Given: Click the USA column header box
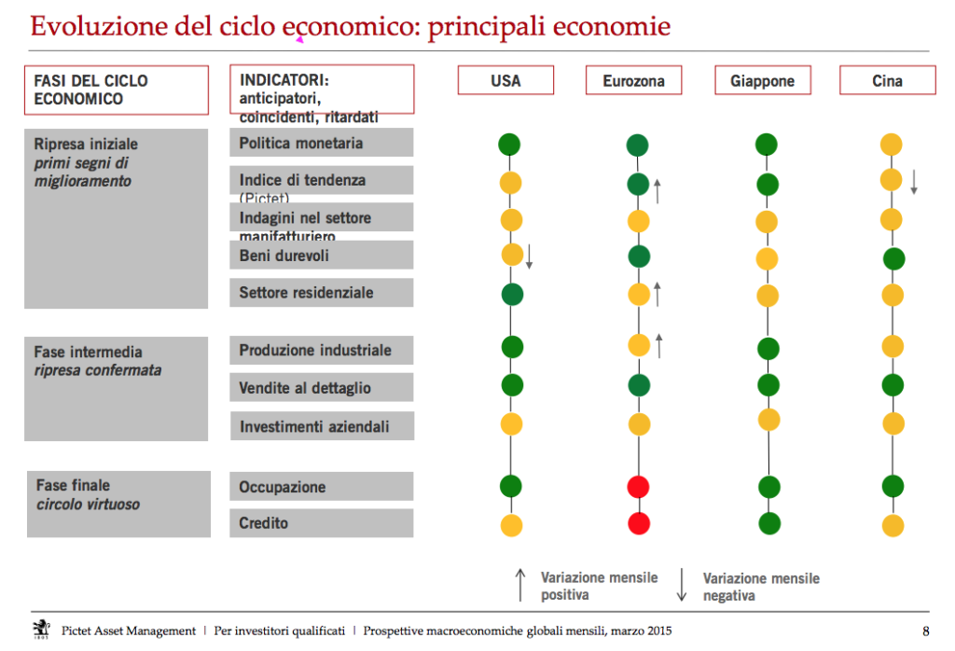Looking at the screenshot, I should [505, 80].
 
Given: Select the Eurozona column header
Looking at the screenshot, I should [633, 81].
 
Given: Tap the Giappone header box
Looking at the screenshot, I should [762, 81].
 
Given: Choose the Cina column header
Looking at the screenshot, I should [887, 81].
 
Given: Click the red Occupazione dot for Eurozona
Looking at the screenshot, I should [638, 487].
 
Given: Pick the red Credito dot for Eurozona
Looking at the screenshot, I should [638, 523].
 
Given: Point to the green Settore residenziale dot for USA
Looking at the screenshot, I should [511, 295].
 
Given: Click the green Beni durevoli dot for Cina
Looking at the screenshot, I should [893, 258].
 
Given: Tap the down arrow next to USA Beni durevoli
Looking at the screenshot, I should [529, 256].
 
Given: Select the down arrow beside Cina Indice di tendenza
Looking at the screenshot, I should [914, 181].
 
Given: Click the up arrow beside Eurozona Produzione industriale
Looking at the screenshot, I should [658, 345].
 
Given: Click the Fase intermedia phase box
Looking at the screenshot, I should [117, 388].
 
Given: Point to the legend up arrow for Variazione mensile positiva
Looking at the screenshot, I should [520, 585].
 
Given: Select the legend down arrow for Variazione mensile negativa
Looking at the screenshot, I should [682, 585].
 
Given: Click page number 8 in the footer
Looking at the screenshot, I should [925, 630].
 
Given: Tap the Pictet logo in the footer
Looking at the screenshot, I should [40, 629].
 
